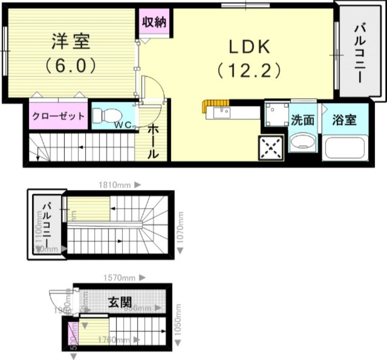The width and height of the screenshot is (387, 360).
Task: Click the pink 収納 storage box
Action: pyautogui.click(x=154, y=22)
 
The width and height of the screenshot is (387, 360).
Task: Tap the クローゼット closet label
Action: pyautogui.click(x=59, y=116)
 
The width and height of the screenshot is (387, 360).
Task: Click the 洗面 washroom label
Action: pyautogui.click(x=302, y=120)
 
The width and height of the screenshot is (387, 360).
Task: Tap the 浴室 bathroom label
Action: pyautogui.click(x=344, y=120)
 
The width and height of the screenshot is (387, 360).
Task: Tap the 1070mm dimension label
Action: pyautogui.click(x=180, y=227)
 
